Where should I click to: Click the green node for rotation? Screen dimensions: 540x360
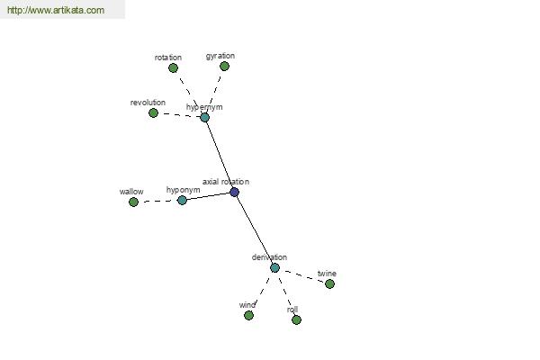(x=173, y=67)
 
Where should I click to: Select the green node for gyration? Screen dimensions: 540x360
(x=224, y=66)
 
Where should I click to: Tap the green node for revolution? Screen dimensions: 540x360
(x=153, y=112)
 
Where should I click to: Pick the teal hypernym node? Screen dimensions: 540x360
(x=204, y=118)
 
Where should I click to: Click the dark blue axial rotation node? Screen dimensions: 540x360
(x=235, y=192)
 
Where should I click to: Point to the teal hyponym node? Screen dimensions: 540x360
(x=182, y=200)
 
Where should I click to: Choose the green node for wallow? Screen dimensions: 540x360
(x=133, y=202)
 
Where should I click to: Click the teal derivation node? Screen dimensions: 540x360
(x=274, y=267)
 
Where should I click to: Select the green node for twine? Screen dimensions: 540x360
(x=329, y=283)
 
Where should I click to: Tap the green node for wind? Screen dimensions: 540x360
(x=248, y=315)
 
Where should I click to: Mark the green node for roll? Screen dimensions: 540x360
(x=296, y=320)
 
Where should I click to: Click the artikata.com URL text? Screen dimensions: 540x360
(x=56, y=10)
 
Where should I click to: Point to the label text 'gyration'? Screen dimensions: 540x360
(x=220, y=56)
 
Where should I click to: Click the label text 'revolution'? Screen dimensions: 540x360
(x=148, y=103)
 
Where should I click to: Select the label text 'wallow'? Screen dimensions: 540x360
(x=131, y=192)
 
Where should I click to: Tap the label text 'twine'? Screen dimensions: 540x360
(x=327, y=274)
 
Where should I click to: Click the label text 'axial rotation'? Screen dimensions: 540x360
(x=226, y=182)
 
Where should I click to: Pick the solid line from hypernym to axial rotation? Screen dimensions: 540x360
(x=220, y=155)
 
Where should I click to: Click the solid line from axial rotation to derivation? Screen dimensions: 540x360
(x=255, y=229)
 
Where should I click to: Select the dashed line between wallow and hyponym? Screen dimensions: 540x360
(x=157, y=201)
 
